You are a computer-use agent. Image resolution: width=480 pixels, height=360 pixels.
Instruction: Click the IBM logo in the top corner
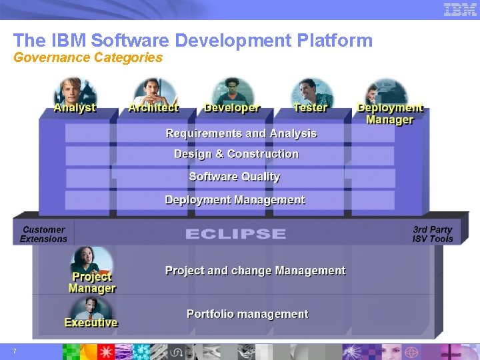[x=460, y=9]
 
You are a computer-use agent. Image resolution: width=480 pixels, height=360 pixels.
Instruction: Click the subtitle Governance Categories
[x=88, y=57]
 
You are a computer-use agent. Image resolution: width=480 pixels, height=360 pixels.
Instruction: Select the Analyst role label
[x=75, y=107]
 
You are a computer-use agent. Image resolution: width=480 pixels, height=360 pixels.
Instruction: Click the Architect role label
[x=153, y=107]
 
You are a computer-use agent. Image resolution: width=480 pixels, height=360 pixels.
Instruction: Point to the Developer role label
[x=232, y=107]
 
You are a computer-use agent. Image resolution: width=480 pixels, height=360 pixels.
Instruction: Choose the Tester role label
[x=310, y=107]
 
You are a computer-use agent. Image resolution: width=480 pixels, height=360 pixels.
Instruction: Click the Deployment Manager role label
[x=390, y=113]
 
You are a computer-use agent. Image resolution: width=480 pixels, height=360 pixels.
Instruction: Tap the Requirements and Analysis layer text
[x=241, y=133]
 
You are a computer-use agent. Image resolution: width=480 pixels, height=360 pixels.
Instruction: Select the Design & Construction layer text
[x=236, y=154]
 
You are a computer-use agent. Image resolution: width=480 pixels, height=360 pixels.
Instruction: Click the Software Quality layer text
[x=235, y=177]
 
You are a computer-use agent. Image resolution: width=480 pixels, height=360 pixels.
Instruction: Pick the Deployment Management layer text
[x=235, y=200]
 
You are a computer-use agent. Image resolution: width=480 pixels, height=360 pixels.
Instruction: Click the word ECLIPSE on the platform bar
[x=235, y=234]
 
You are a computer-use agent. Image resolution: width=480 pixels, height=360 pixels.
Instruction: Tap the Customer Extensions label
[x=43, y=234]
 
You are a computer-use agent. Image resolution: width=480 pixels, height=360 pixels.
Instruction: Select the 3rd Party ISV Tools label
[x=433, y=234]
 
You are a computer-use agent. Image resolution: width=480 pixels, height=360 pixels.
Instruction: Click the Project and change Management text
[x=255, y=271]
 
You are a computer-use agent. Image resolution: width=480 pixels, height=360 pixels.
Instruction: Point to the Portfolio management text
[x=247, y=314]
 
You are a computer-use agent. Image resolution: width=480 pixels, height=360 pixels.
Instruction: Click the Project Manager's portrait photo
[x=91, y=259]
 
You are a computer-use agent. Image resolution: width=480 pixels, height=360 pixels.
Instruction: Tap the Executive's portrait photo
[x=91, y=307]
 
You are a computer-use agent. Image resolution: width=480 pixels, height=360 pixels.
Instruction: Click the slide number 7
[x=14, y=351]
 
